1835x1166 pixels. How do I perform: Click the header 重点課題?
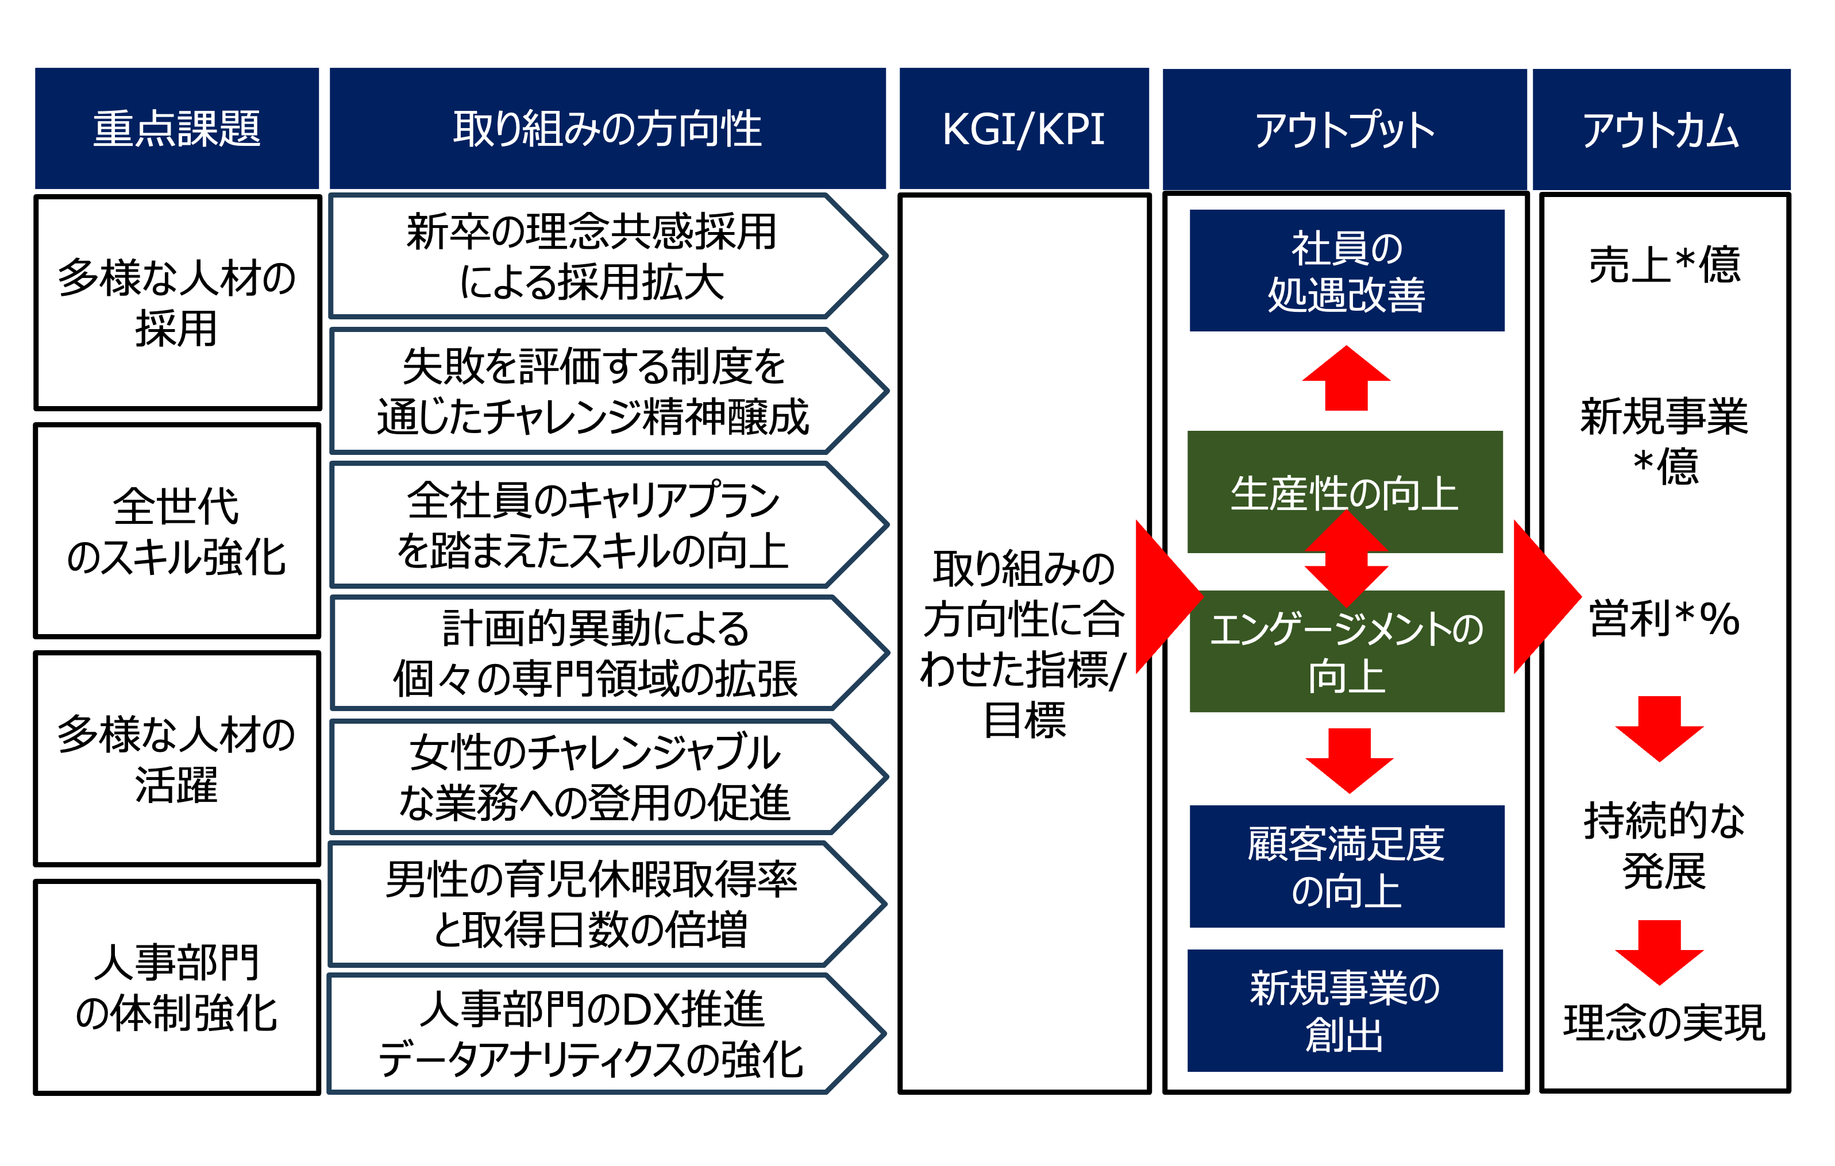177,128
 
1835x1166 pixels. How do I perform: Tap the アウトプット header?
1344,130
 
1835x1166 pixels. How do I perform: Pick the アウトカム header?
1661,130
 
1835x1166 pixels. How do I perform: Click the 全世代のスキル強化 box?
177,531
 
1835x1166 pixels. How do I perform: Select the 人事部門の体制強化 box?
177,988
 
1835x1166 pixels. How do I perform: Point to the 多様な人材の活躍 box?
177,759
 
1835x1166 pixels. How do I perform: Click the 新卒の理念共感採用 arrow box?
608,256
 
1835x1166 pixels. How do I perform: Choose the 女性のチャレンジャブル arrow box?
608,777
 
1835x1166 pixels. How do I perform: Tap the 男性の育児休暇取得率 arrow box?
608,905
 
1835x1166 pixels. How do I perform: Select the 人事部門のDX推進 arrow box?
608,1034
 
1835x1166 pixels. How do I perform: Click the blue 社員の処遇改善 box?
1347,271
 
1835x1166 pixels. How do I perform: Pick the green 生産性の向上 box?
1345,492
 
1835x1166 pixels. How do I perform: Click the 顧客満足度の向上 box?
1347,867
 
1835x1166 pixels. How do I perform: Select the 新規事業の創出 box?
1345,1010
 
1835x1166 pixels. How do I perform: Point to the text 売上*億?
1665,264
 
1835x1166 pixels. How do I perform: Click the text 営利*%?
1664,618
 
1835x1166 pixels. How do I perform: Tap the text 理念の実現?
1664,1023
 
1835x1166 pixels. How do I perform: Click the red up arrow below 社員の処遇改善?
1347,379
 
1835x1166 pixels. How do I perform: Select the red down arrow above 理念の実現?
1660,952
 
